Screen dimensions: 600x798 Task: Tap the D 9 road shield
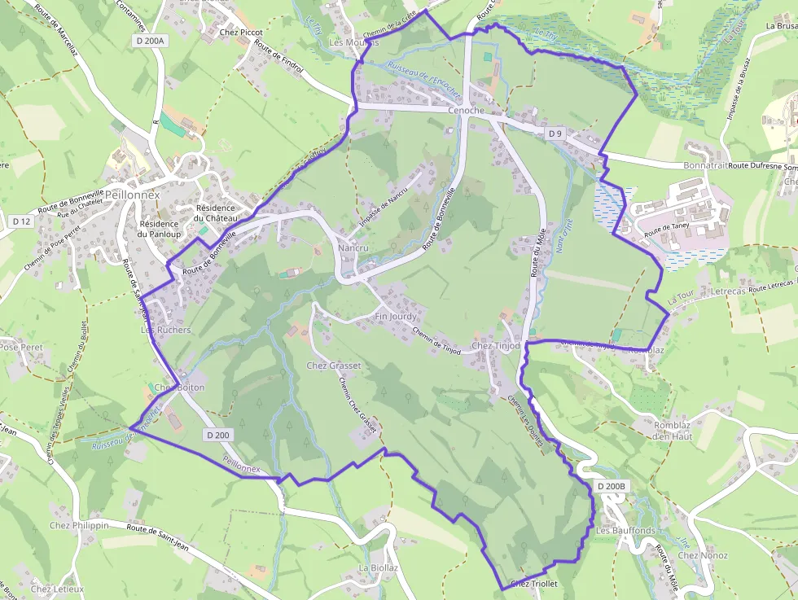pos(555,133)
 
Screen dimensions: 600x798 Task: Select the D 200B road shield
pos(612,486)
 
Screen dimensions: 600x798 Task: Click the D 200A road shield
pos(149,40)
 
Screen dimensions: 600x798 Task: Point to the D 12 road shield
pos(21,221)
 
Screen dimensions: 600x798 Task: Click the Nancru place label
pos(353,247)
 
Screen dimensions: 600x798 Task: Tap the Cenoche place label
pos(466,110)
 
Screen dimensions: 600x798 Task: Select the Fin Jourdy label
pos(396,316)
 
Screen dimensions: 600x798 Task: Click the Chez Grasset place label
pos(334,366)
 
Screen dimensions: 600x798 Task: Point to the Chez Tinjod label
pos(495,346)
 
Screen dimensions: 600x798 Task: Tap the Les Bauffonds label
pos(625,531)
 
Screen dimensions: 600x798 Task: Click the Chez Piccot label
pos(241,33)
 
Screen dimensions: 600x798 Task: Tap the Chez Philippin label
pos(79,525)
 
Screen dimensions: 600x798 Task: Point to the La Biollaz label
pos(378,567)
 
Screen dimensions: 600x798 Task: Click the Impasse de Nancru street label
pos(384,216)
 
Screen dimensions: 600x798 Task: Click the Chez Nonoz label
pos(703,555)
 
